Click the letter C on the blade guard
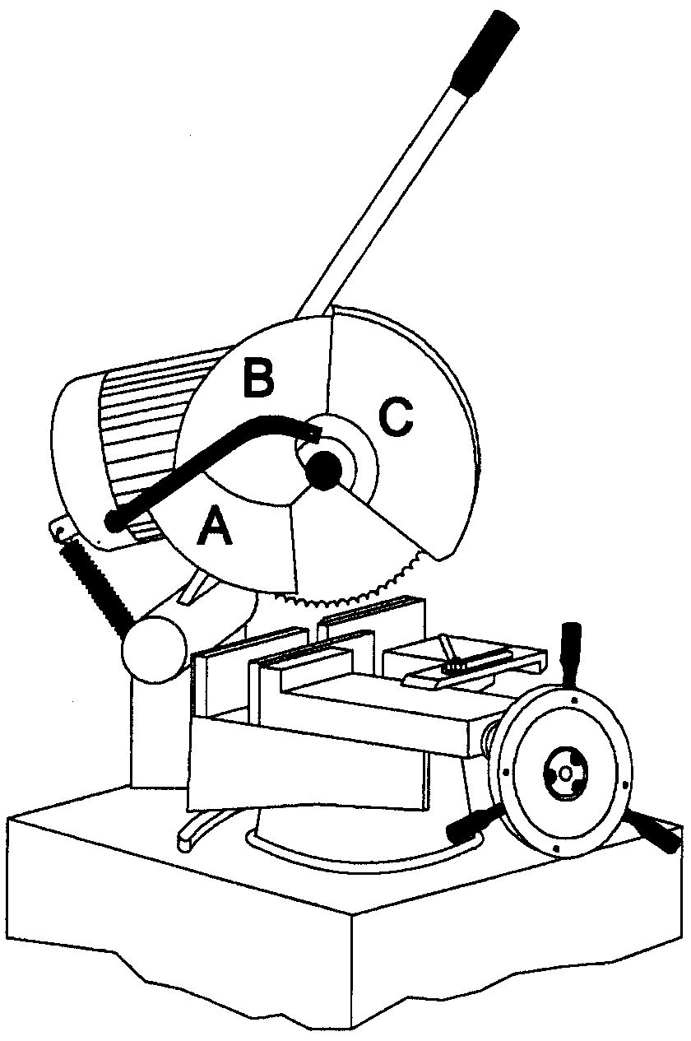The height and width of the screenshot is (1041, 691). (396, 416)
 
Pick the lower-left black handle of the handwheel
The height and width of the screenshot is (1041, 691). (472, 825)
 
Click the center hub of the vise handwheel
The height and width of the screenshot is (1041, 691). (563, 774)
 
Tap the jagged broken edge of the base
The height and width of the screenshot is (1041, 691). (345, 1000)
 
